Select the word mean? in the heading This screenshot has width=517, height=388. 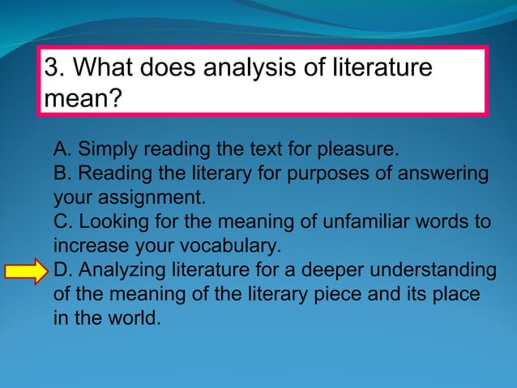click(82, 99)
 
